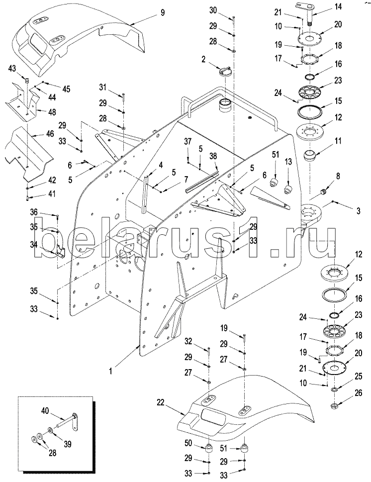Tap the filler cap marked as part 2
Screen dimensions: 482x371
225,71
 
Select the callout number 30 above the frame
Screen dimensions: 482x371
213,11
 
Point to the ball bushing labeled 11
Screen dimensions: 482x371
312,157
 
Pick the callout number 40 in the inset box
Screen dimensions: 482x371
46,411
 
